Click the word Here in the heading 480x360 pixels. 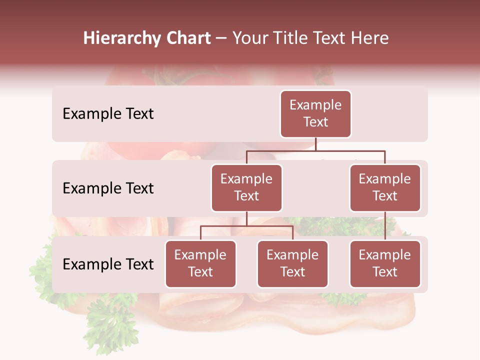point(369,38)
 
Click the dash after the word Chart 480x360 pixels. point(221,39)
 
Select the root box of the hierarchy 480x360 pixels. point(315,114)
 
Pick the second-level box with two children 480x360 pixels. point(246,188)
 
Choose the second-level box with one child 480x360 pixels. point(385,188)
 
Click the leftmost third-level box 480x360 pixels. point(200,264)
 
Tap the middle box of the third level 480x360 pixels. point(292,264)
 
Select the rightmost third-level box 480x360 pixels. point(385,264)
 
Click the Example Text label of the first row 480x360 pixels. point(108,114)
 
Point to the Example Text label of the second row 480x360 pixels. point(108,188)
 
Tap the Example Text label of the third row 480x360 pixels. point(108,264)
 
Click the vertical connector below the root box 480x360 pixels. point(315,144)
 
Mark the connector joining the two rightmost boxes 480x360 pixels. point(385,226)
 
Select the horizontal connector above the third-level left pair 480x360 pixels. point(246,226)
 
